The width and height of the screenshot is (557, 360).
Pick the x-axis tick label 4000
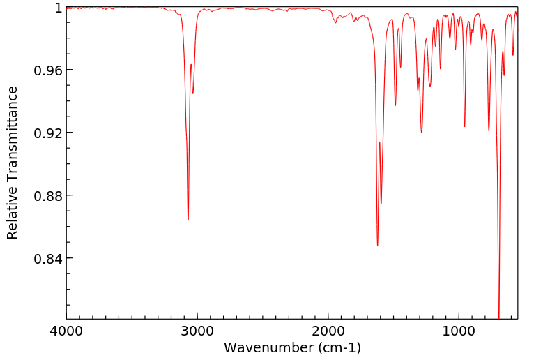[67, 331]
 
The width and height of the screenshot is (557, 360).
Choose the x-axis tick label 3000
[197, 331]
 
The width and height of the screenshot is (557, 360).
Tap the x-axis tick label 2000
[328, 331]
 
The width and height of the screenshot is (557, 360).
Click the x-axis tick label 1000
[459, 331]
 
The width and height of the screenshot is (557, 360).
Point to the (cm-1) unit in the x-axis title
[337, 347]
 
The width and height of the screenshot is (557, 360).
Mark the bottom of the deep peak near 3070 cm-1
[188, 220]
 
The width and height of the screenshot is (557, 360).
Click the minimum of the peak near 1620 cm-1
[378, 246]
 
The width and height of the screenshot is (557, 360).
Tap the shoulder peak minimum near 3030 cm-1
[193, 93]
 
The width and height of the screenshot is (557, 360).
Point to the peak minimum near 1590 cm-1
[381, 204]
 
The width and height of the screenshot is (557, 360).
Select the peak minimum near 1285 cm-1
[422, 133]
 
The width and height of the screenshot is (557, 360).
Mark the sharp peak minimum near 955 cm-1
[465, 126]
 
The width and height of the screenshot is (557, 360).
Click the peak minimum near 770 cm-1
[489, 130]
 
